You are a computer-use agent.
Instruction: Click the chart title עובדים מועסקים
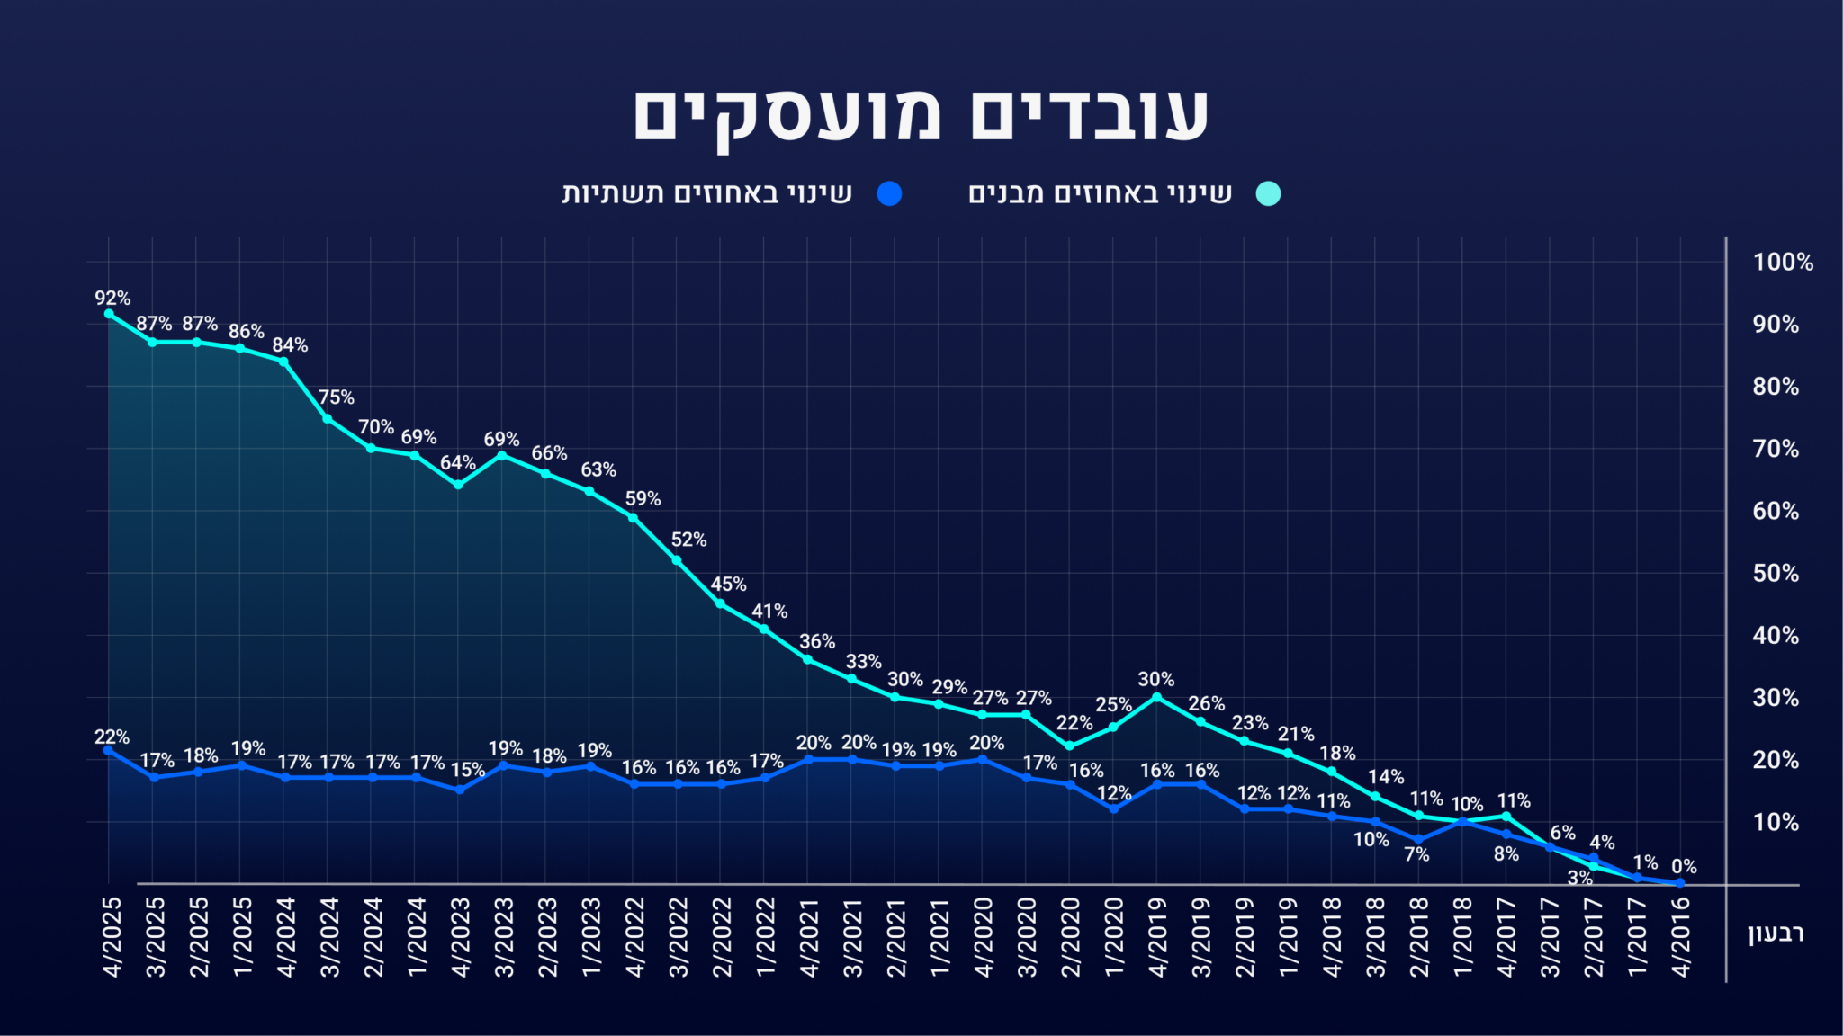coord(921,115)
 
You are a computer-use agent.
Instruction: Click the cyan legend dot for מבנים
coord(1268,193)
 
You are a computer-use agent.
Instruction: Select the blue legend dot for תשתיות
coord(889,193)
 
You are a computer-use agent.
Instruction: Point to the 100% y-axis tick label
coord(1782,263)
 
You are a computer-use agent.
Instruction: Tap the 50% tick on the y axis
coord(1776,574)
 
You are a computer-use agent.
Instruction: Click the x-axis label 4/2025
coord(112,936)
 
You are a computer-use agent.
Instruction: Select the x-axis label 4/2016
coord(1681,936)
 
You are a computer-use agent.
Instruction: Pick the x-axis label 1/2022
coord(766,936)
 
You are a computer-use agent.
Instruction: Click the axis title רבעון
coord(1776,933)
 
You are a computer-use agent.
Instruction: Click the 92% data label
coord(112,298)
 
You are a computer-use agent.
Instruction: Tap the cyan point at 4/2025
coord(109,314)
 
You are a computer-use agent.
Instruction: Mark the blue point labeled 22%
coord(109,750)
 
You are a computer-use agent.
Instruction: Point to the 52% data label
coord(688,540)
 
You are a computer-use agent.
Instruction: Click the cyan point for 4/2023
coord(458,485)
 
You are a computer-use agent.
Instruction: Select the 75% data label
coord(336,397)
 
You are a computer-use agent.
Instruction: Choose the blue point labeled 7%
coord(1419,840)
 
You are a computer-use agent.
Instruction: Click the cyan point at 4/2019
coord(1156,697)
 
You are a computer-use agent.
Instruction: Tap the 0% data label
coord(1684,867)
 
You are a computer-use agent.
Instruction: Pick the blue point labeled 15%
coord(459,790)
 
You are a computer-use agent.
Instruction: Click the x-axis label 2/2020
coord(1071,936)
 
